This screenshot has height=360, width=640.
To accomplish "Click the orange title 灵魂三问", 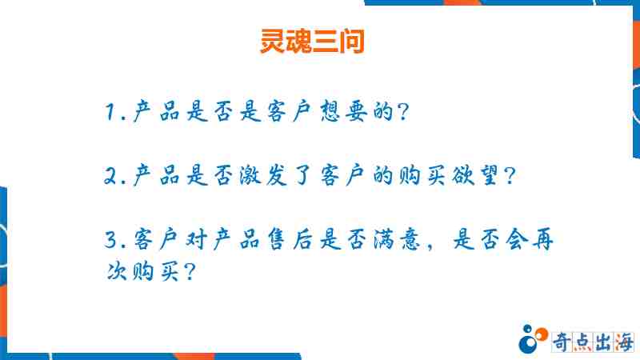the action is (x=312, y=41).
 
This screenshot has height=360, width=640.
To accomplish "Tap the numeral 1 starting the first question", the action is (x=110, y=112).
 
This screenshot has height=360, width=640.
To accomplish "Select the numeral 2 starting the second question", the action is (x=111, y=175).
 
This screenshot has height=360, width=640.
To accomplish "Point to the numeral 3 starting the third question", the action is (x=111, y=239).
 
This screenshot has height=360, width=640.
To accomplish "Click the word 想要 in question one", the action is (x=343, y=111).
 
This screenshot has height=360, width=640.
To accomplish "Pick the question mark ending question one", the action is (x=403, y=112).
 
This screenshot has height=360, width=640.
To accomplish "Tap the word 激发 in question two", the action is (x=263, y=175).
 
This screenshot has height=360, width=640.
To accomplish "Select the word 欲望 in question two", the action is (x=474, y=175).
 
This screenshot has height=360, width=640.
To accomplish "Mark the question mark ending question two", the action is (x=510, y=176).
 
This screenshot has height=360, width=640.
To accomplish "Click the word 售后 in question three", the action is (x=290, y=239).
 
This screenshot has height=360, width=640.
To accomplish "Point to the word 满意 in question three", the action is (x=397, y=239).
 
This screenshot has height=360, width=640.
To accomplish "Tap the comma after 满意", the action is (x=429, y=246).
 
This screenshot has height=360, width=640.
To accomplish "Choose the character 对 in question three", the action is (x=196, y=239).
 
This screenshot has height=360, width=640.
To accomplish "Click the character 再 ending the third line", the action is (x=543, y=239).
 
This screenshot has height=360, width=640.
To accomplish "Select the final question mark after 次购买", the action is (x=190, y=271).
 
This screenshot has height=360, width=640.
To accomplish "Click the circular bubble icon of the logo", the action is (x=533, y=338).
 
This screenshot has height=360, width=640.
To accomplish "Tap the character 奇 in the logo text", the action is (x=562, y=342).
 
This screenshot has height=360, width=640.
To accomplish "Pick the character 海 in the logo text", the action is (x=624, y=342).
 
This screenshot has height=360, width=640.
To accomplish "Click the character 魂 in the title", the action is (x=298, y=42).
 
